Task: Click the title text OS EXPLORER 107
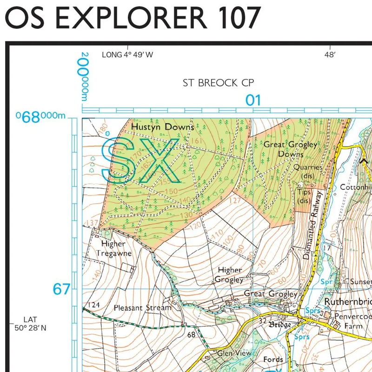pos(133,19)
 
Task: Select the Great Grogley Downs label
pos(291,149)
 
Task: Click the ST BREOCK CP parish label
pos(219,83)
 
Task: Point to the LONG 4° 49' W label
pos(127,55)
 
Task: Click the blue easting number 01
pos(253,100)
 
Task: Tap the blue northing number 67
pos(61,289)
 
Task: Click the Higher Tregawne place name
pos(114,249)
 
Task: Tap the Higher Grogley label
pos(230,274)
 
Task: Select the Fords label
pos(272,359)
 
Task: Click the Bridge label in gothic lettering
pos(280,325)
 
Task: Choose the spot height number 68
pos(191,334)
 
